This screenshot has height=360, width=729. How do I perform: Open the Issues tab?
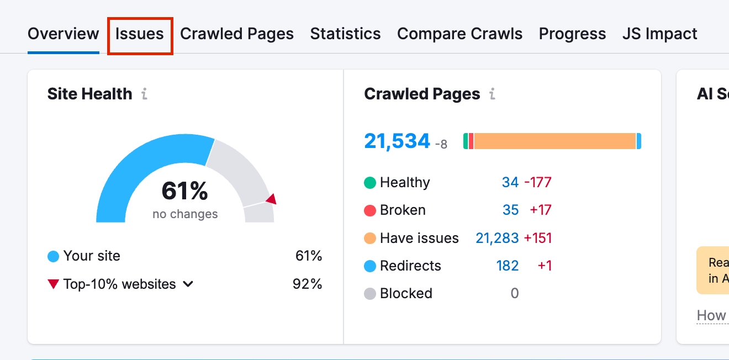[140, 34]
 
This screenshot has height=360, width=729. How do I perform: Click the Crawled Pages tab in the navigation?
[237, 34]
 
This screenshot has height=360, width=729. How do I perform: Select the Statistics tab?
[345, 34]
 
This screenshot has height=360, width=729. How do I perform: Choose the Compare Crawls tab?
[459, 34]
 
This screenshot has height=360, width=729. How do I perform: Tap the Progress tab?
[572, 34]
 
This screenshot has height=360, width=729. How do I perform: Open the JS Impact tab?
[659, 34]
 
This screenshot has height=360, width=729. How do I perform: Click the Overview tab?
[63, 34]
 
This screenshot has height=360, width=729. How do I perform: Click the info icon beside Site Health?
[144, 94]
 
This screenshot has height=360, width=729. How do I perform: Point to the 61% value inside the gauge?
[184, 192]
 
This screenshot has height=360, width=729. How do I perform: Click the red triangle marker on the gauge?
[271, 199]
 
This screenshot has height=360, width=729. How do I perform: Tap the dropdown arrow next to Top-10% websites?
[188, 284]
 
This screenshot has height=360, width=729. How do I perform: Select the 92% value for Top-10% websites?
[307, 284]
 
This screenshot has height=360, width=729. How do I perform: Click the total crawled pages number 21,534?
[397, 141]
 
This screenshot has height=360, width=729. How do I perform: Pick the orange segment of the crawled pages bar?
[554, 141]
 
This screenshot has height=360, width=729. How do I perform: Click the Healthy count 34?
[510, 182]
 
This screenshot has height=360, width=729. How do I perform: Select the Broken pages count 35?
[510, 210]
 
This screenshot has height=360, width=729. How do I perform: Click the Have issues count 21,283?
[496, 238]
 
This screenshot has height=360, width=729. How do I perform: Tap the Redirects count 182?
[507, 266]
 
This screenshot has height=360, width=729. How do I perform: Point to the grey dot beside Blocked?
[370, 294]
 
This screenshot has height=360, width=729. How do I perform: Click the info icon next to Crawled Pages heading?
[492, 94]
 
